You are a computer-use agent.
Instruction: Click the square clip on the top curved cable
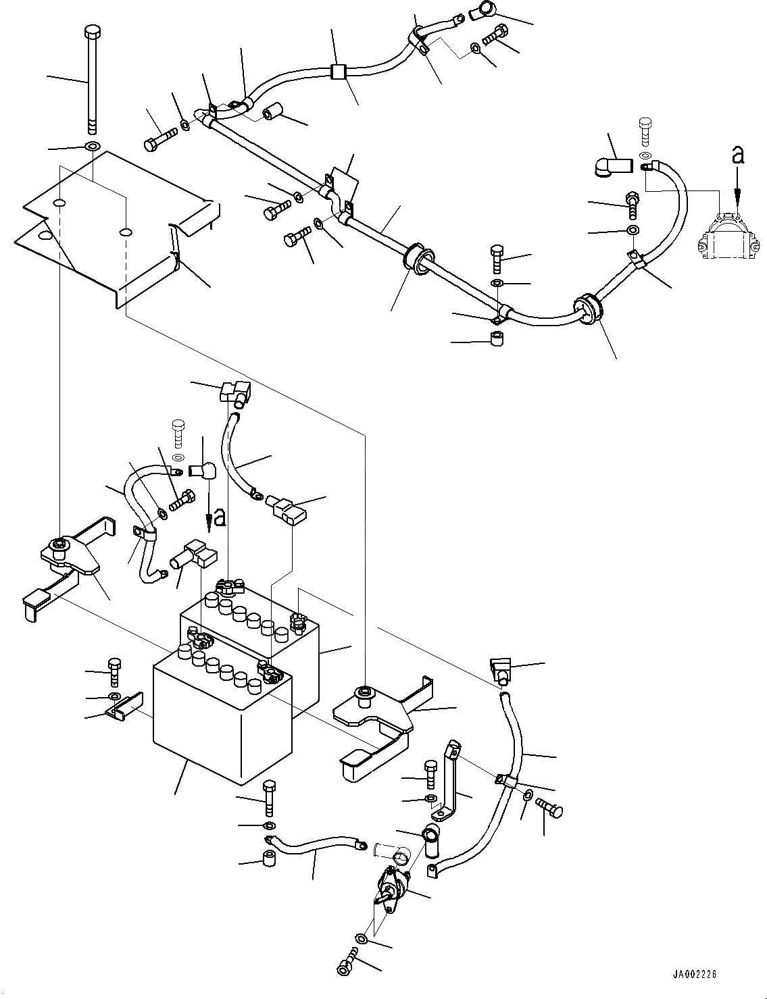tap(339, 72)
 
